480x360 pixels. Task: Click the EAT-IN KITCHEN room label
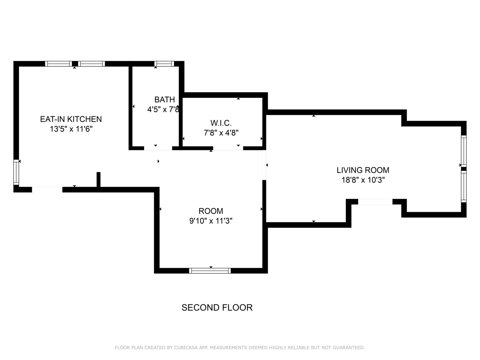[71, 119]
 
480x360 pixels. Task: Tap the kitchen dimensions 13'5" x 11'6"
[71, 129]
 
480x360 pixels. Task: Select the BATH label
[164, 100]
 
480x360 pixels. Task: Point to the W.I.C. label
[221, 123]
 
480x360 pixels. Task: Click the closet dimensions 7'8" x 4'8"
[221, 133]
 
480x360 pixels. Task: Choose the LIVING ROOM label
[363, 170]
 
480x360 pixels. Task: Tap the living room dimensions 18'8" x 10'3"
[363, 180]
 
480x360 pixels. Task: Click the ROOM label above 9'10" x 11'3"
[211, 211]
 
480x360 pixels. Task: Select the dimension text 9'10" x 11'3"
[211, 221]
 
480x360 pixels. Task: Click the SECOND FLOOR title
[217, 308]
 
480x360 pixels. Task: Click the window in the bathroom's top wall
[164, 64]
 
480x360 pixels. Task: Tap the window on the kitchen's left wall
[16, 172]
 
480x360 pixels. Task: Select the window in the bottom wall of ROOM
[210, 271]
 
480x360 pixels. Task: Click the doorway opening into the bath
[158, 148]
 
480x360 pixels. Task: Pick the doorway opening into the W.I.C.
[228, 148]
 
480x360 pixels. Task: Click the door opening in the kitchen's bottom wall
[47, 190]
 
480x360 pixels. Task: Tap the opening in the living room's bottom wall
[375, 202]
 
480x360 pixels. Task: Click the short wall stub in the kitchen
[99, 180]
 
